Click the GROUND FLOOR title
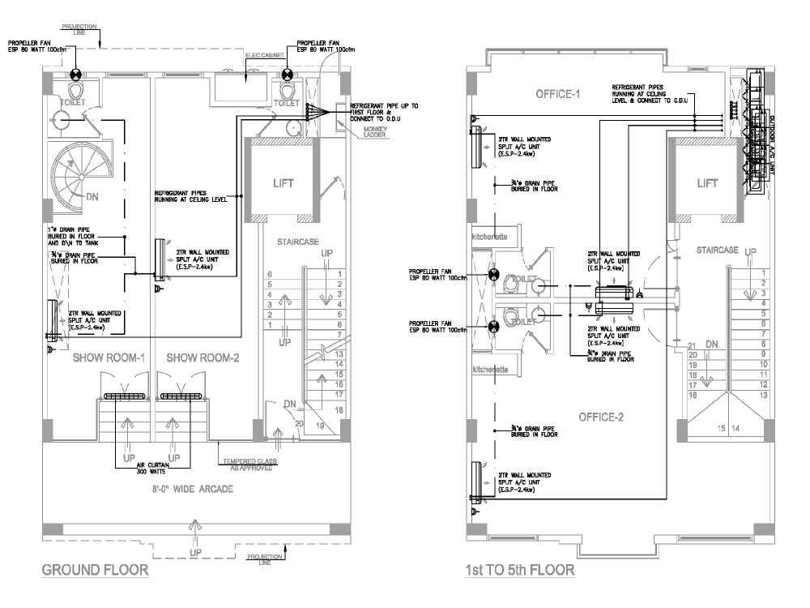[x=95, y=570]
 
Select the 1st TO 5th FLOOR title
[x=519, y=570]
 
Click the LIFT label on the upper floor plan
[x=707, y=183]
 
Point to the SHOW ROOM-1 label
[x=109, y=358]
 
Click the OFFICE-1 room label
[x=558, y=95]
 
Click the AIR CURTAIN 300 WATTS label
[x=150, y=468]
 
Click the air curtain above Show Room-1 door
[x=124, y=396]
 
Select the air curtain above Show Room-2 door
[x=180, y=396]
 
